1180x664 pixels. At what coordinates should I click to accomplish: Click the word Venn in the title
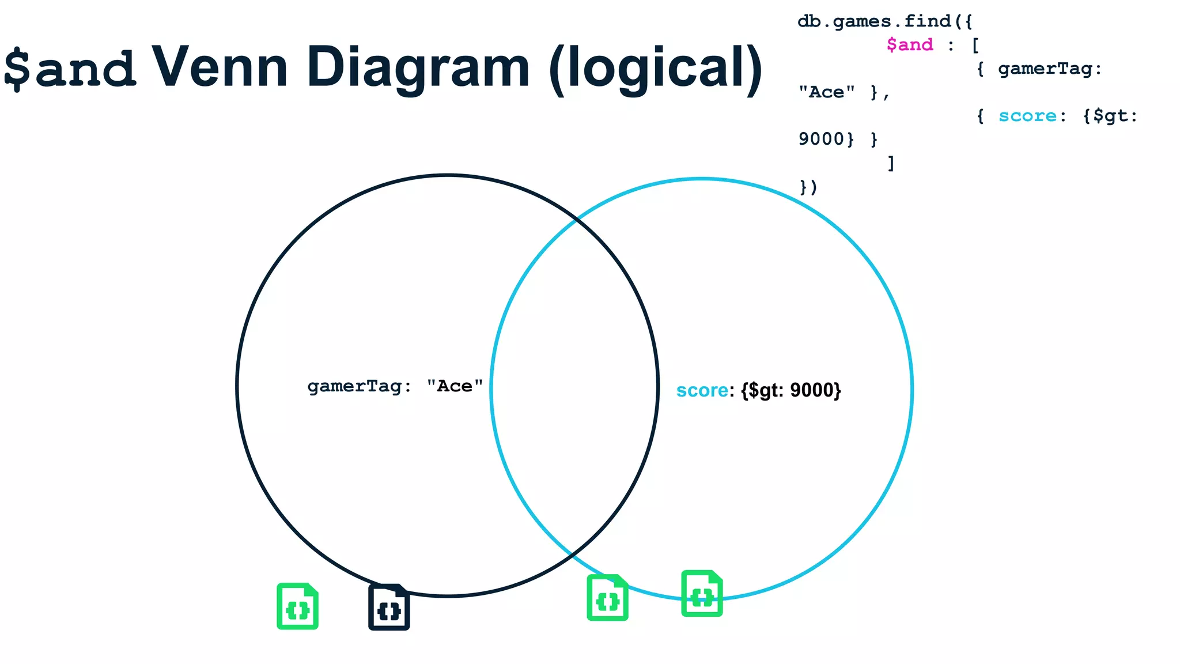pyautogui.click(x=219, y=67)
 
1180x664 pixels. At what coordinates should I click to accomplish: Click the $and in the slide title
pyautogui.click(x=69, y=69)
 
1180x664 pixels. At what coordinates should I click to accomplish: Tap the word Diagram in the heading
pyautogui.click(x=418, y=69)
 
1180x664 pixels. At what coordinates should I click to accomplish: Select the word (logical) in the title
pyautogui.click(x=656, y=69)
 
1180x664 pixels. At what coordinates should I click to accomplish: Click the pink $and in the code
pyautogui.click(x=909, y=45)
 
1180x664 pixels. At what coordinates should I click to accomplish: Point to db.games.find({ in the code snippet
pyautogui.click(x=884, y=21)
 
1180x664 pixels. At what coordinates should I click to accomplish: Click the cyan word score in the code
pyautogui.click(x=1027, y=116)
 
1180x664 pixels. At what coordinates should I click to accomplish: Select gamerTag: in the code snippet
pyautogui.click(x=1049, y=69)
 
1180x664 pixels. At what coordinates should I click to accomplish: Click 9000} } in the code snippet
pyautogui.click(x=838, y=139)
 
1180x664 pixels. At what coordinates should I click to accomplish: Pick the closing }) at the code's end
pyautogui.click(x=808, y=187)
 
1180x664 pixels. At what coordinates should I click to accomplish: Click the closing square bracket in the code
pyautogui.click(x=891, y=163)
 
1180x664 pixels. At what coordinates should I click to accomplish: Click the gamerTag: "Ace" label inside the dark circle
pyautogui.click(x=395, y=386)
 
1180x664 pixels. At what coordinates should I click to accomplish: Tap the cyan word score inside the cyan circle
pyautogui.click(x=702, y=390)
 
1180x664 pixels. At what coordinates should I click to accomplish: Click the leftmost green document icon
pyautogui.click(x=297, y=606)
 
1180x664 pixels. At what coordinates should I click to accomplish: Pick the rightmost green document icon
pyautogui.click(x=702, y=594)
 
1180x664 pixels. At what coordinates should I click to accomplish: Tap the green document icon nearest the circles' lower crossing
pyautogui.click(x=607, y=598)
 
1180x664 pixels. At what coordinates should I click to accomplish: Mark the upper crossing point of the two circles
pyautogui.click(x=576, y=220)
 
